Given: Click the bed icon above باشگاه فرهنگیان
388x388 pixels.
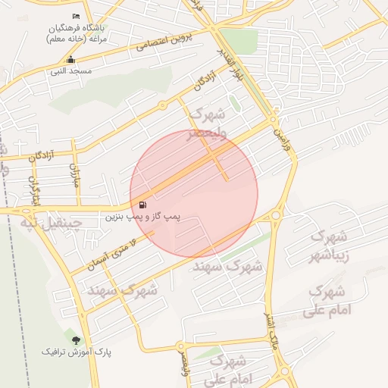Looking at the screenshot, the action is point(75,17).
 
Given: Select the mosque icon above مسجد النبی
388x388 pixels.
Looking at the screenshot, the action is point(71,60).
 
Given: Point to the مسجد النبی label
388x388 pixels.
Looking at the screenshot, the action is point(71,71).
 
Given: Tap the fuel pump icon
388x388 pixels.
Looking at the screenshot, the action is point(143,205).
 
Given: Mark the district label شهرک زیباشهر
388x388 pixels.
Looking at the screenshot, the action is point(332,245).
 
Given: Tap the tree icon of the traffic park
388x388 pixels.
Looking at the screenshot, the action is point(75,339).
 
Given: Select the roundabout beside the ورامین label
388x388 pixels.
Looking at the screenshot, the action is point(274,120).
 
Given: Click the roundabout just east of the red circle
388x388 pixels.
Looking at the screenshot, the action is point(275,215).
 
